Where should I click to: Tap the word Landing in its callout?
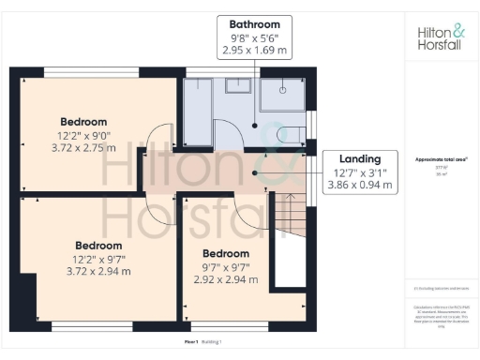click(x=360, y=158)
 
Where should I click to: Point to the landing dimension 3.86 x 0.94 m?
click(x=360, y=186)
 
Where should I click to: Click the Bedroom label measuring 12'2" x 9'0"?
click(x=83, y=122)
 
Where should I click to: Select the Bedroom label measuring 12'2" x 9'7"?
click(x=98, y=246)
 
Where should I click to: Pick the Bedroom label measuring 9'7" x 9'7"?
click(x=226, y=254)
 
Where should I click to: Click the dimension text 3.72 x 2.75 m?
click(x=83, y=147)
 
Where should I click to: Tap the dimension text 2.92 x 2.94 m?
click(x=226, y=279)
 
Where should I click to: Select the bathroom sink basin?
click(x=234, y=86)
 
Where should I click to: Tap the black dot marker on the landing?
click(x=255, y=172)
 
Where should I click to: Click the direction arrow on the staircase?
click(x=290, y=201)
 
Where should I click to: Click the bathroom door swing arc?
click(x=232, y=136)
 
